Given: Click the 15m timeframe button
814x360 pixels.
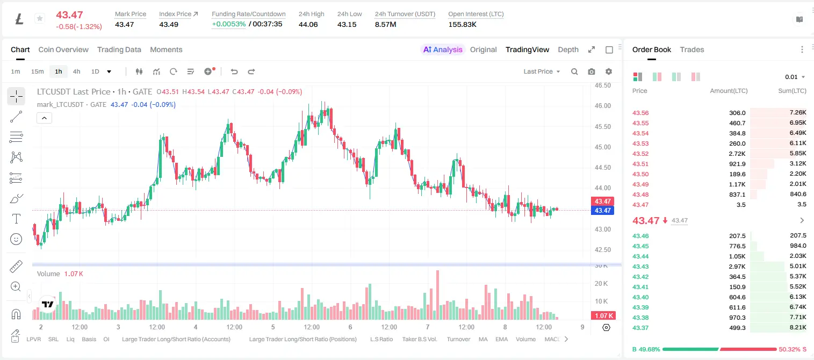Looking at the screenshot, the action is (38, 71).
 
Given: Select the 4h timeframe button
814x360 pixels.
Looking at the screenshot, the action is (76, 71).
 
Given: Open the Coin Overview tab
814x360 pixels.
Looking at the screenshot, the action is (63, 49).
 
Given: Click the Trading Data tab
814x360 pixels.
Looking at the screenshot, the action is (119, 49).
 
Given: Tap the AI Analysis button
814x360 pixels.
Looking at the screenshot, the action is (443, 49).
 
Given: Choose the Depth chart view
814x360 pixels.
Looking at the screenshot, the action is (568, 49).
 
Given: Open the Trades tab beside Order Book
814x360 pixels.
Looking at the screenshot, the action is (692, 49).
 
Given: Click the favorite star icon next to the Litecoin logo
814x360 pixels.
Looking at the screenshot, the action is (40, 18).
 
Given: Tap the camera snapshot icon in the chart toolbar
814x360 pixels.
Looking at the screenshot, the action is (592, 71).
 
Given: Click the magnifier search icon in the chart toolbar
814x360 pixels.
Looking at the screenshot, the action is (574, 71).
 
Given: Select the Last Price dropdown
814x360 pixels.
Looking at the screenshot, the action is (542, 71).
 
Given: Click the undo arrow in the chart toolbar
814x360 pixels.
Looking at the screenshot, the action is (234, 71).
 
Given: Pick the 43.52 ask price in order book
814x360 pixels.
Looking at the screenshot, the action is (640, 154).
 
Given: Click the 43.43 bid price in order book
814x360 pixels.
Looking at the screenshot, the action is (640, 267).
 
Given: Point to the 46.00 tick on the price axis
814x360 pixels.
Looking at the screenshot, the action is (602, 106).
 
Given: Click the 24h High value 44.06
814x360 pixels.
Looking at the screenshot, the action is (308, 24).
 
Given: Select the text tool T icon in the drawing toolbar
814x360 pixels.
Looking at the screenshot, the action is (16, 219).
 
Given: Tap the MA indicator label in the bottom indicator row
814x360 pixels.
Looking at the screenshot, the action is (483, 339).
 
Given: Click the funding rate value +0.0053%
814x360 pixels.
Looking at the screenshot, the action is (228, 24).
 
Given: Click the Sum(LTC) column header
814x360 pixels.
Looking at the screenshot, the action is (792, 91).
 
